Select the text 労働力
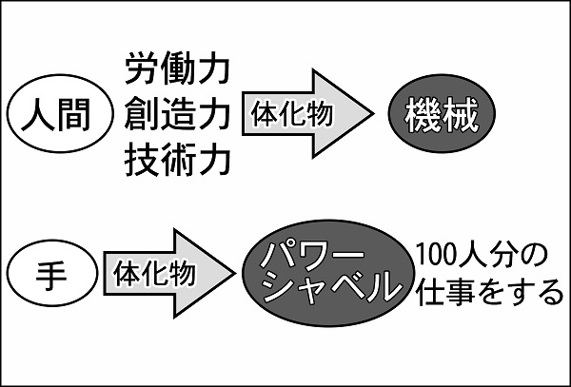click(177, 70)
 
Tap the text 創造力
click(177, 116)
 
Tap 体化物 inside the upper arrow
click(291, 115)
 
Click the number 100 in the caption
click(436, 256)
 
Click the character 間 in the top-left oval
click(73, 117)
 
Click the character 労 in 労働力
click(142, 70)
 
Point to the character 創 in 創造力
click(142, 116)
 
